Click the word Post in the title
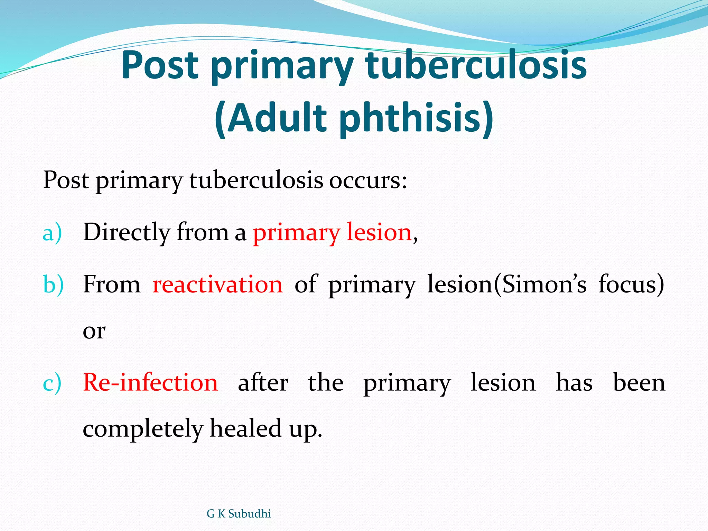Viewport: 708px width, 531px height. (x=160, y=65)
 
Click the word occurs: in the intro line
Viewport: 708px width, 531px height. (x=368, y=180)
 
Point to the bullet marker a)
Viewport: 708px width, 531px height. (x=52, y=233)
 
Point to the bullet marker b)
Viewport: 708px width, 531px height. (x=53, y=285)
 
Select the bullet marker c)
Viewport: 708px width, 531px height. (x=52, y=383)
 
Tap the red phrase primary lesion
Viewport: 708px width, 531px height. (x=332, y=233)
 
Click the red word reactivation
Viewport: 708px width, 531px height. (x=217, y=285)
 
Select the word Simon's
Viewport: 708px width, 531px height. (x=544, y=285)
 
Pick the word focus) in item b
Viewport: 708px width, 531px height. (x=631, y=285)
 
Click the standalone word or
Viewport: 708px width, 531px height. (x=94, y=331)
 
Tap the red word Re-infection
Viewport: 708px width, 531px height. (x=150, y=383)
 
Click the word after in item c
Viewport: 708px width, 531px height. (x=263, y=383)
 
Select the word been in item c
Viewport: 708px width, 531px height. (x=639, y=383)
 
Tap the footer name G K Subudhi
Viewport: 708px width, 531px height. (x=239, y=514)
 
